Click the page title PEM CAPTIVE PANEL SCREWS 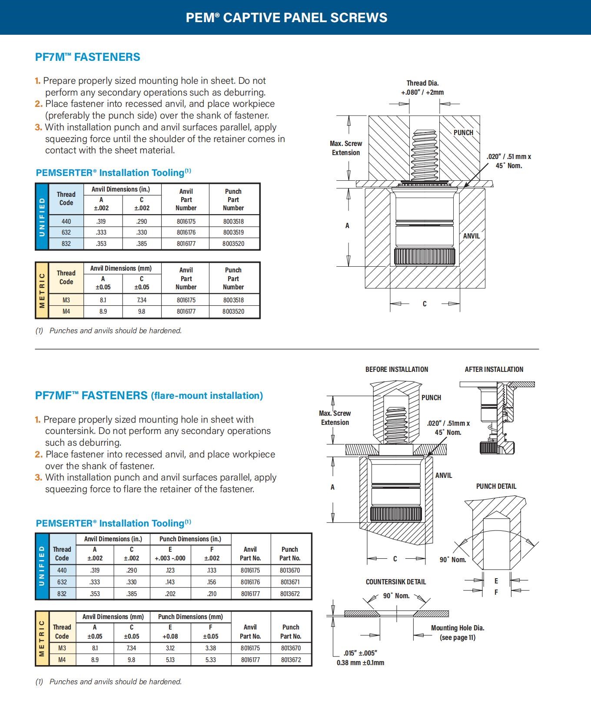point(286,17)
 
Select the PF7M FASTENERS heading point(88,57)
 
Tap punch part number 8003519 point(233,232)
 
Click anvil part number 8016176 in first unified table point(186,232)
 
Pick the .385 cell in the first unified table point(142,244)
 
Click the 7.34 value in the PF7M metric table point(142,300)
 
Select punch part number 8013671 point(290,582)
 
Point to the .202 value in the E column point(170,593)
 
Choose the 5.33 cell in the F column point(211,659)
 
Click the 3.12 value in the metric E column point(170,648)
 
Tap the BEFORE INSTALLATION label point(397,369)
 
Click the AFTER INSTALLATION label point(494,369)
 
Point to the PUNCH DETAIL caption point(496,486)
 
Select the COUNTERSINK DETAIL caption point(396,582)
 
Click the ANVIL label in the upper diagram point(471,236)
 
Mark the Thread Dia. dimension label point(422,83)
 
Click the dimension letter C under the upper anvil point(425,304)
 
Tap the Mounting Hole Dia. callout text point(458,628)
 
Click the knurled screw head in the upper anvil point(425,257)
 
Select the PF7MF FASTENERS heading point(149,395)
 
